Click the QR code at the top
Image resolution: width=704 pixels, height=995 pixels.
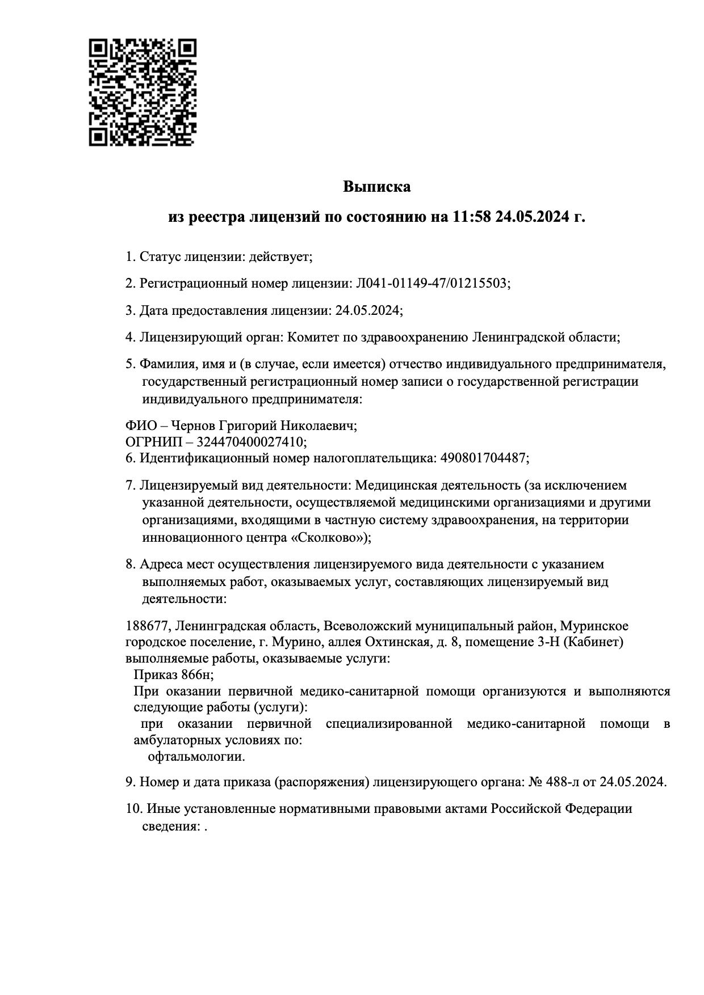143,92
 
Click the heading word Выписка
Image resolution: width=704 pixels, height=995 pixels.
376,186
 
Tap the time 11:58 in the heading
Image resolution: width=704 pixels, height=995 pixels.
471,217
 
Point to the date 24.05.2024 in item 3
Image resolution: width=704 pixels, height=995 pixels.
367,310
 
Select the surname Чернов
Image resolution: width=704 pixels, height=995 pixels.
192,425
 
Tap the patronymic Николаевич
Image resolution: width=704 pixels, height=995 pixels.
322,425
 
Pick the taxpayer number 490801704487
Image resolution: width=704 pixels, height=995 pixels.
483,457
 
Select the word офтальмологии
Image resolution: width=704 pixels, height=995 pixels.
196,757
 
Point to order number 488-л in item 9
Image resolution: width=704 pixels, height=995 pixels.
564,782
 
